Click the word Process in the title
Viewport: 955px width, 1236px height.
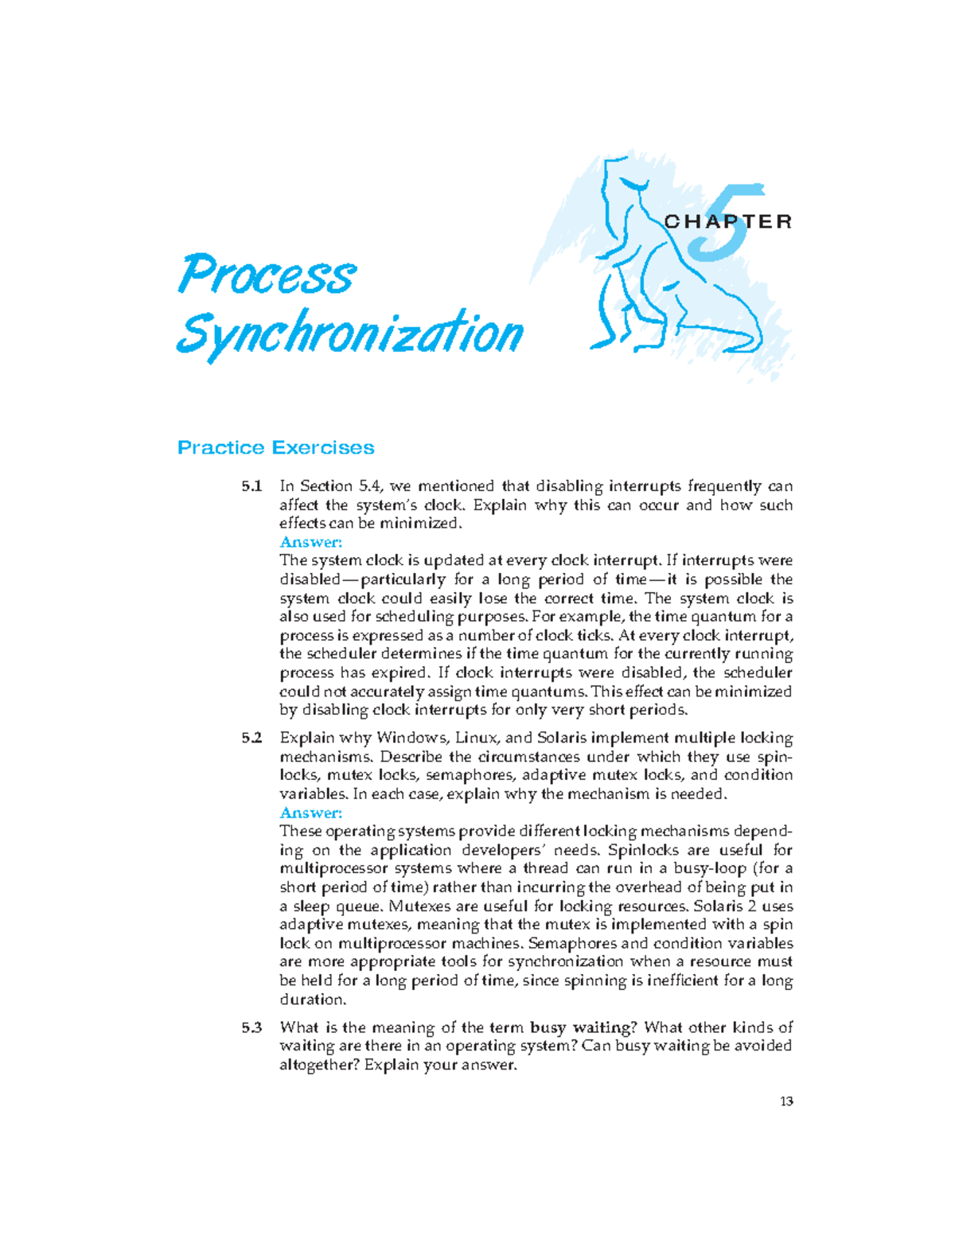click(267, 275)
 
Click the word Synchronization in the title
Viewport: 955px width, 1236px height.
click(349, 333)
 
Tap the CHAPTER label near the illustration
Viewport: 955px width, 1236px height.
click(728, 221)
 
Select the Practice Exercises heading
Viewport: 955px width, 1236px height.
click(275, 447)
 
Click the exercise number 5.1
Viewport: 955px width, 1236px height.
click(251, 486)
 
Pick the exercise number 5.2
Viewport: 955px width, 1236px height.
click(251, 739)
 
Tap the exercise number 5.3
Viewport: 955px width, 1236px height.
click(251, 1028)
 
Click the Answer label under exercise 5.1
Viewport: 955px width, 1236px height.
click(310, 542)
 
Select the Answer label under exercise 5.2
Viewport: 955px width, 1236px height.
click(310, 813)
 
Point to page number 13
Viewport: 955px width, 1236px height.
click(786, 1101)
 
